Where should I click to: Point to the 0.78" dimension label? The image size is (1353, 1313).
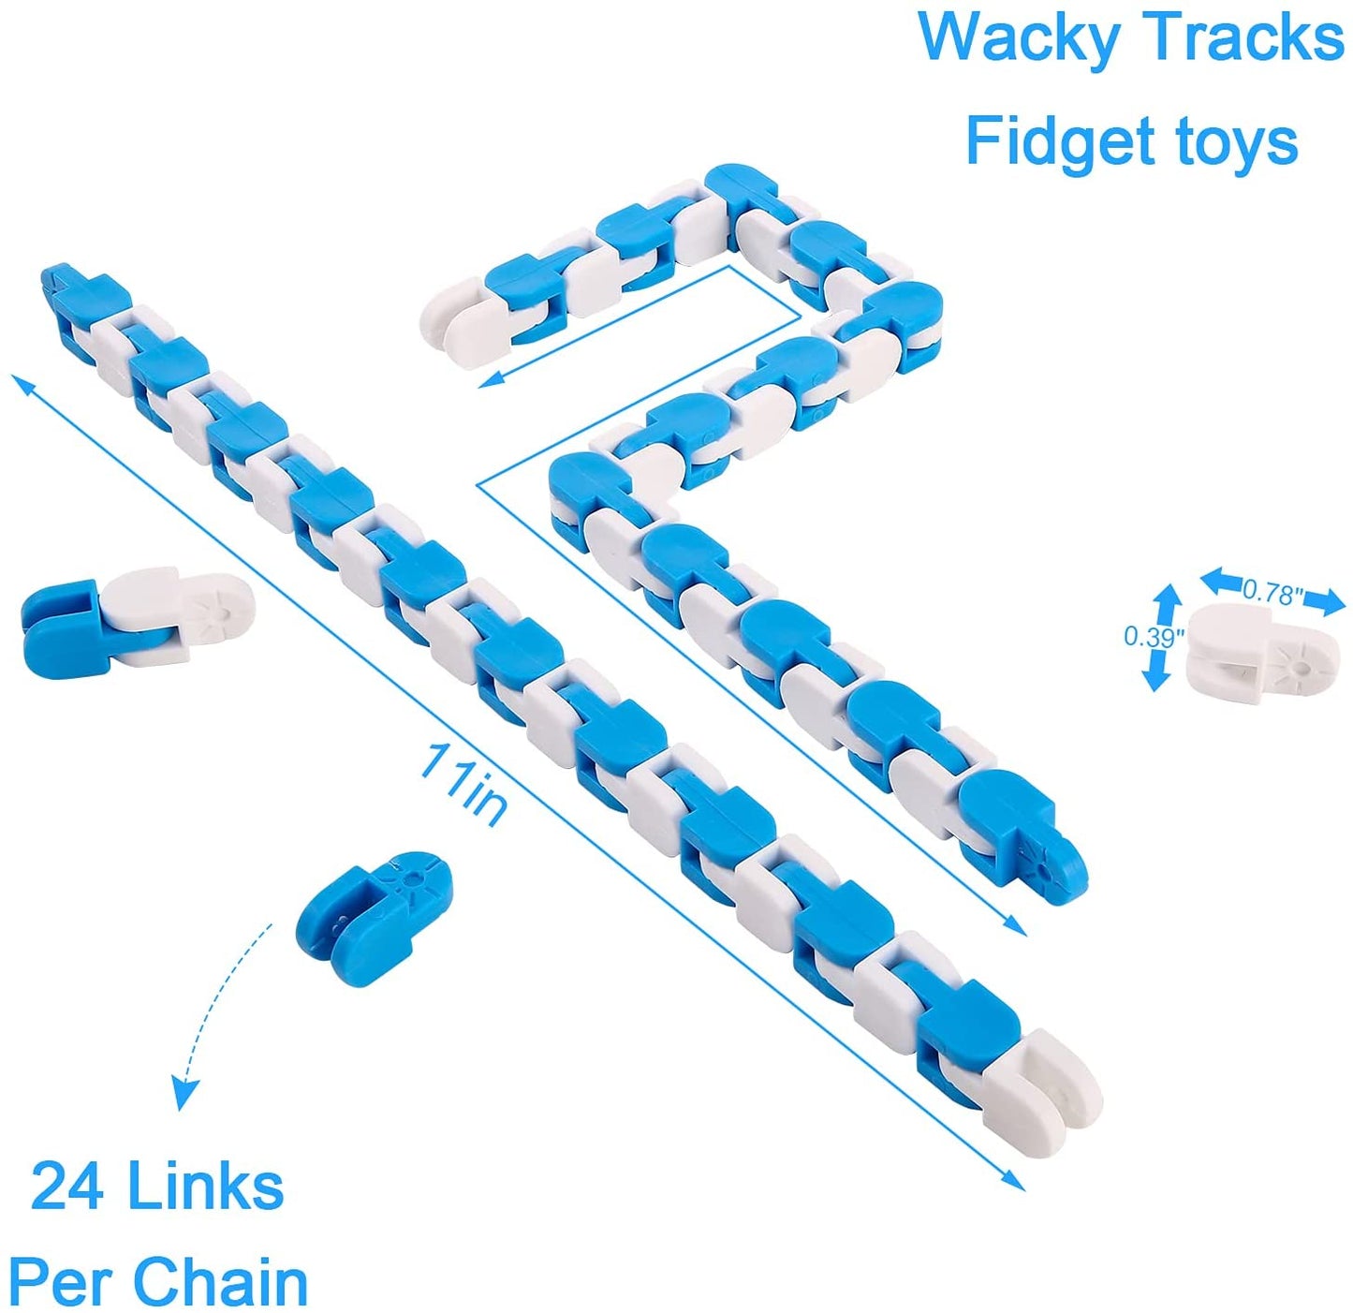pyautogui.click(x=1272, y=592)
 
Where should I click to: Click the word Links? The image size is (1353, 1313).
pyautogui.click(x=205, y=1187)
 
